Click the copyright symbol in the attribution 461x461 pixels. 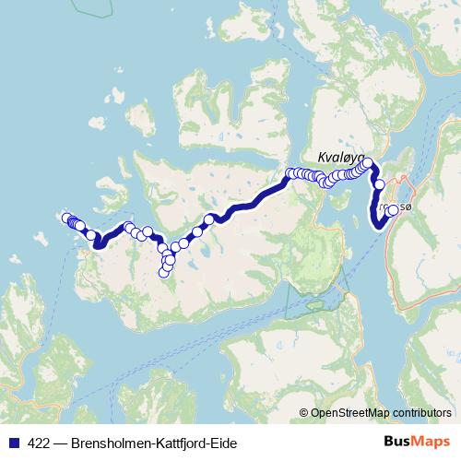pyautogui.click(x=304, y=413)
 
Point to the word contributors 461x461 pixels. pyautogui.click(x=420, y=413)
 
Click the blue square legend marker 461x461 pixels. pyautogui.click(x=12, y=443)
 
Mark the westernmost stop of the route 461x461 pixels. pyautogui.click(x=66, y=219)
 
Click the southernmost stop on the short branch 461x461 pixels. pyautogui.click(x=165, y=271)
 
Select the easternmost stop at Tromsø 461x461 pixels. pyautogui.click(x=394, y=210)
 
